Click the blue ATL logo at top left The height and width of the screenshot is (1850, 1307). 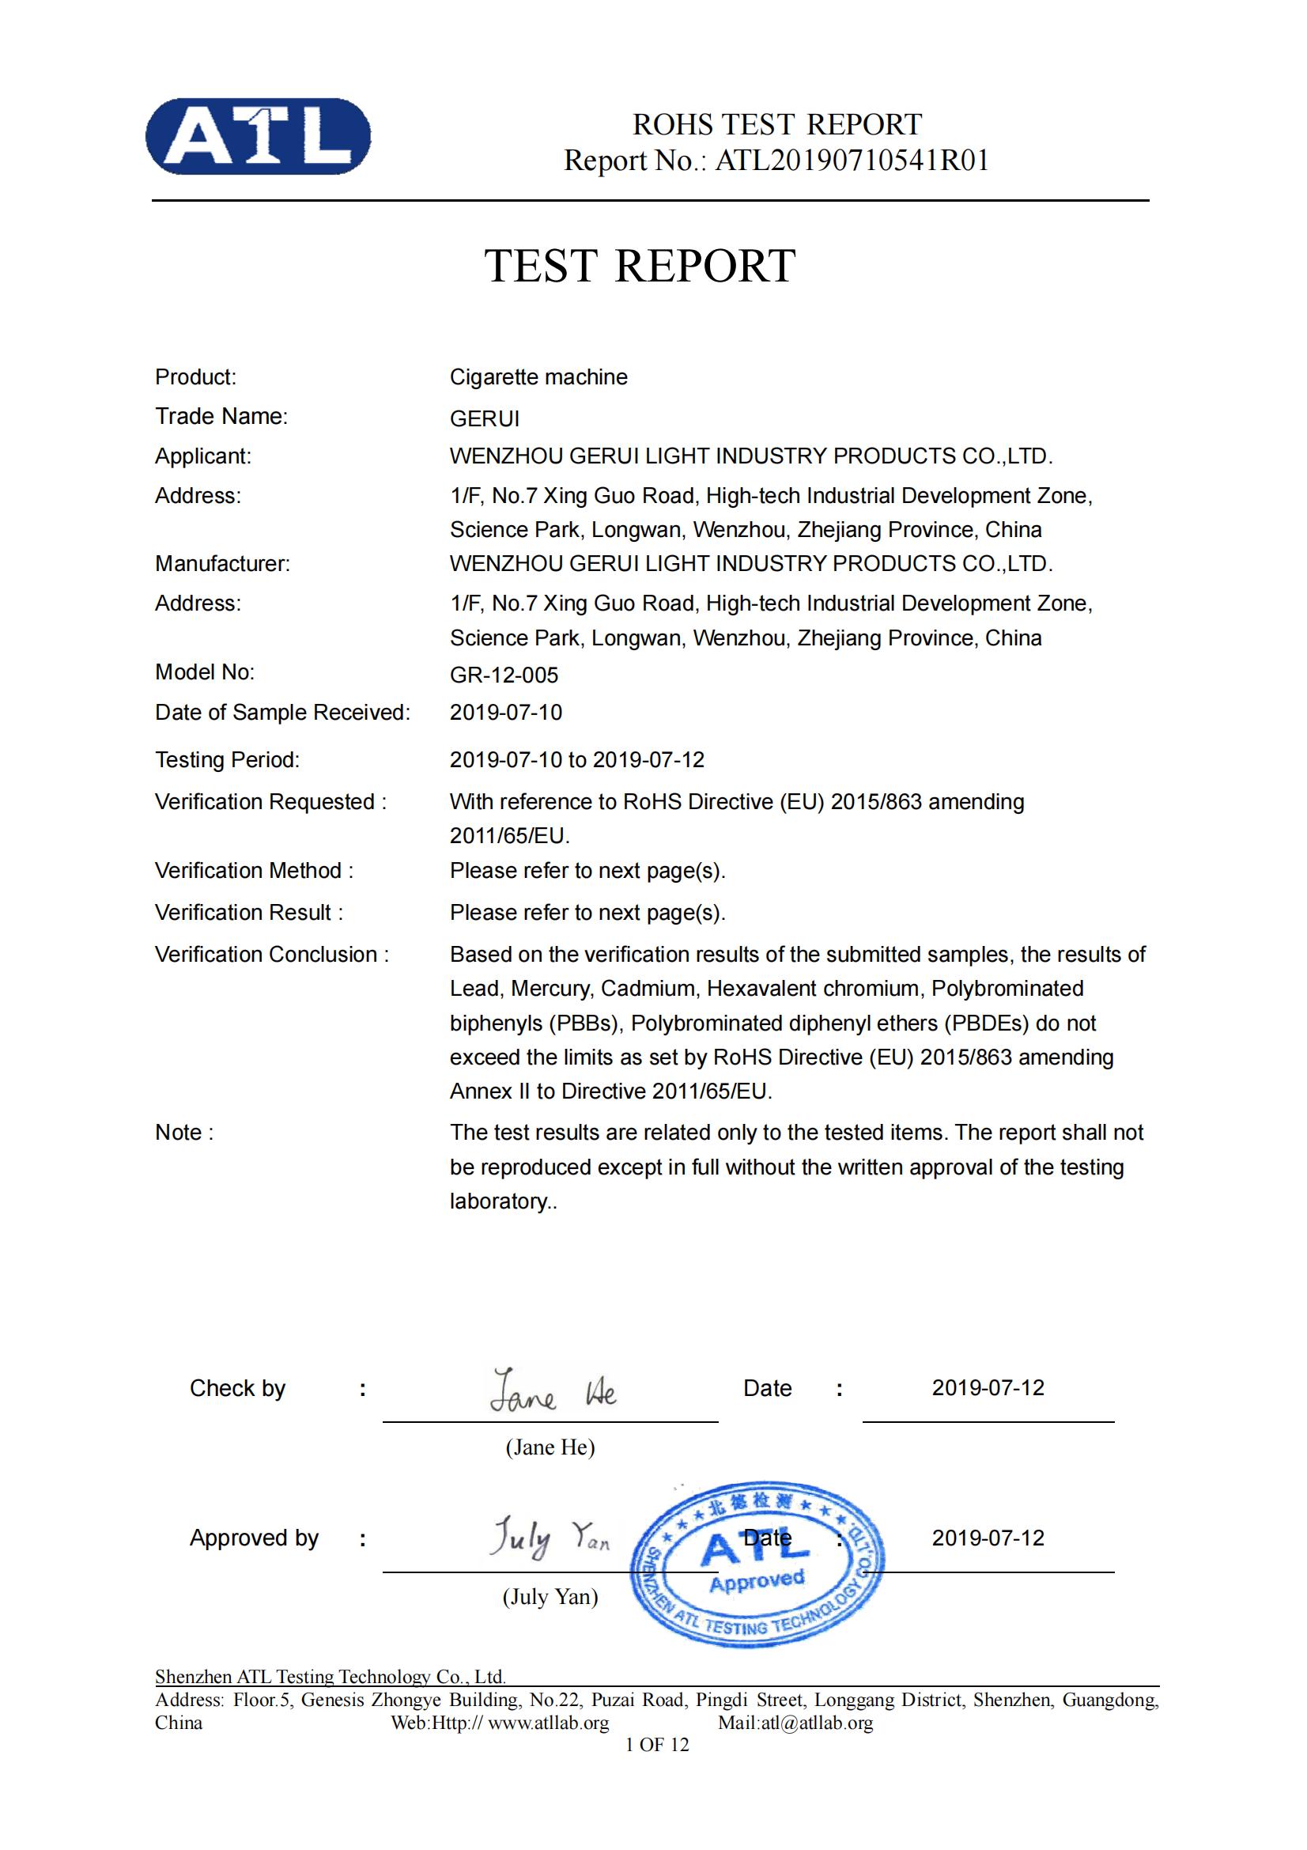[258, 136]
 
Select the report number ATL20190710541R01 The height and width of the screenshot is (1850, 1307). [852, 161]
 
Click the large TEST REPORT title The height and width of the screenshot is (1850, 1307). [640, 266]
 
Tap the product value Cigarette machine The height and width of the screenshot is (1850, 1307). [538, 377]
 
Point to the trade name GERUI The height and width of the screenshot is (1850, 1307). [484, 418]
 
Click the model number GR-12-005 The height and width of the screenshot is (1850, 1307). [504, 675]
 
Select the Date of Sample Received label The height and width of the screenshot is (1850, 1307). [281, 713]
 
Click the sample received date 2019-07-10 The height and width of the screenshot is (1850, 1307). [506, 713]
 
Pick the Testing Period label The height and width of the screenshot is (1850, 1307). [227, 760]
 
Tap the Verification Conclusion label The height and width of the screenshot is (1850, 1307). [271, 954]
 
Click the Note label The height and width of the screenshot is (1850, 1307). [183, 1132]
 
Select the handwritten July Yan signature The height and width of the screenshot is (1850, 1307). [550, 1538]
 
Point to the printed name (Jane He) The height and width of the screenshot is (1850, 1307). [550, 1447]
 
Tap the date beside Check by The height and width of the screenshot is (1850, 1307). [988, 1387]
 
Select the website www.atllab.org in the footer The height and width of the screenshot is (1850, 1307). [548, 1723]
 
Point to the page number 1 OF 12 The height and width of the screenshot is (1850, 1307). [657, 1745]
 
